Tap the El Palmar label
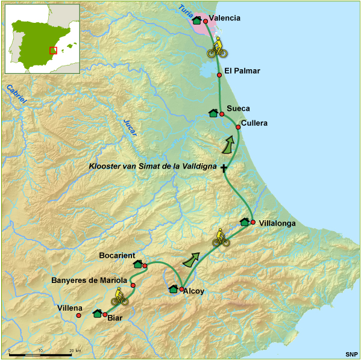tap(242, 71)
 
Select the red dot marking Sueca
tap(222, 114)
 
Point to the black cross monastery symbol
tap(224, 168)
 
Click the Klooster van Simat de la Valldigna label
tap(153, 166)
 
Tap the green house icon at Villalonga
tap(245, 222)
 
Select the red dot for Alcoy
tap(181, 289)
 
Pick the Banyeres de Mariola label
tap(89, 281)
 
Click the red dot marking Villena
tap(79, 315)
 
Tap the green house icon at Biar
tap(97, 313)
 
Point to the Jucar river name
tap(130, 124)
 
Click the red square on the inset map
tap(53, 51)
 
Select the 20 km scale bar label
tap(74, 350)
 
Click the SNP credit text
tap(351, 353)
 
